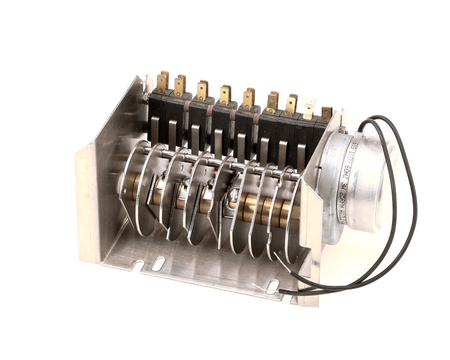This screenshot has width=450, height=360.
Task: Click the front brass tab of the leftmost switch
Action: [161, 83]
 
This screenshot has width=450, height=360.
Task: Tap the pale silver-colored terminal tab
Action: [309, 108]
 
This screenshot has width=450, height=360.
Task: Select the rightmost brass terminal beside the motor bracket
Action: [326, 114]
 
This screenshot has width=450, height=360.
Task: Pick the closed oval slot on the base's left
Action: [158, 263]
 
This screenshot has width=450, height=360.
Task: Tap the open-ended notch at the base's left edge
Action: [139, 266]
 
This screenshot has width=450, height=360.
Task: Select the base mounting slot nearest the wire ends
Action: [273, 286]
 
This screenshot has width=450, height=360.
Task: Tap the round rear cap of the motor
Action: [374, 185]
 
